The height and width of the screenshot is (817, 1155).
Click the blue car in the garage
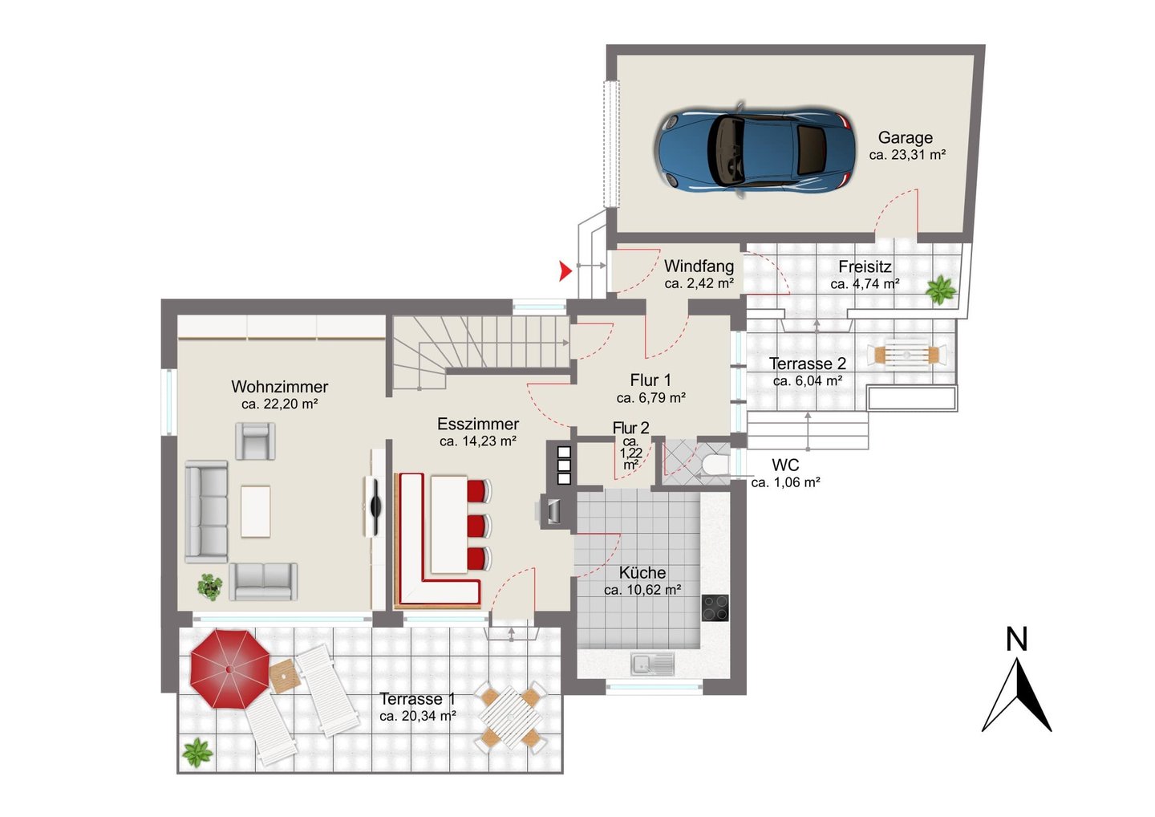(755, 150)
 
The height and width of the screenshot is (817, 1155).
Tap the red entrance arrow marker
(565, 270)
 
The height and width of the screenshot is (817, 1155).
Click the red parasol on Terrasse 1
(229, 669)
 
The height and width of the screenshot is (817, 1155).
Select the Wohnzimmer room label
(279, 386)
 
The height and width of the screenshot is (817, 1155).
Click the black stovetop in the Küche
(715, 608)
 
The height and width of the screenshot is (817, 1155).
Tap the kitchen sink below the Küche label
(652, 663)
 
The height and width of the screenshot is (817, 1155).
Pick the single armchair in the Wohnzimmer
(255, 441)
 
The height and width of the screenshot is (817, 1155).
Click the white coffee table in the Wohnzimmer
(255, 512)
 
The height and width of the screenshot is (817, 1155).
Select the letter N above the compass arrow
(1016, 639)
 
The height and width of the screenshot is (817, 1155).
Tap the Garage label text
(905, 138)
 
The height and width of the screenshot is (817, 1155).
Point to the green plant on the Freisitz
(942, 290)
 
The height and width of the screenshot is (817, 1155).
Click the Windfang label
(699, 266)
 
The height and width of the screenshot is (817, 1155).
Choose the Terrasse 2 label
(808, 364)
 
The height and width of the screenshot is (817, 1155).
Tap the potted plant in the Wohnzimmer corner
(210, 587)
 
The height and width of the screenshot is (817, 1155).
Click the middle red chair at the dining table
(479, 526)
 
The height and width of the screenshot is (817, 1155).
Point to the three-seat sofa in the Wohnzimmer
(206, 512)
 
